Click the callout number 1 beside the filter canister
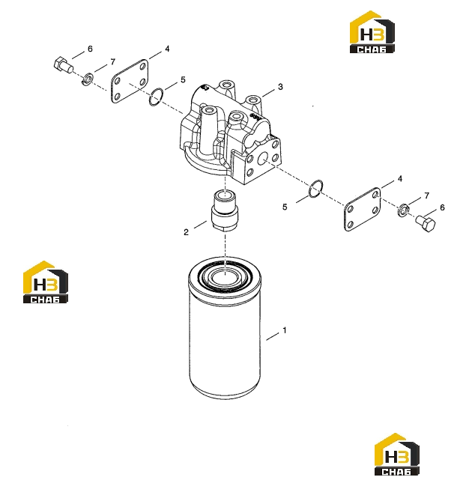pos(284,330)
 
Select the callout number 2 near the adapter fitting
pos(186,232)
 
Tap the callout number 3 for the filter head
pos(280,87)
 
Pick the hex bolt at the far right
pos(426,223)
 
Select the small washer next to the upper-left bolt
pos(87,79)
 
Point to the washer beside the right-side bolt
pos(403,210)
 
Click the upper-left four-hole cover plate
pos(130,82)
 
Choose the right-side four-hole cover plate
pos(363,210)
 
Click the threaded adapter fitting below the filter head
pos(225,210)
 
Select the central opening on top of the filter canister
pos(225,277)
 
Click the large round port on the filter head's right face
pos(263,159)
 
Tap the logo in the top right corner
pos(372,31)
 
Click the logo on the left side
pos(46,282)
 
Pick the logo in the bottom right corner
pos(397,454)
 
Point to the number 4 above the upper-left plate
pos(167,49)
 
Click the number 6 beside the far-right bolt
pos(442,207)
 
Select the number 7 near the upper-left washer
pos(112,61)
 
